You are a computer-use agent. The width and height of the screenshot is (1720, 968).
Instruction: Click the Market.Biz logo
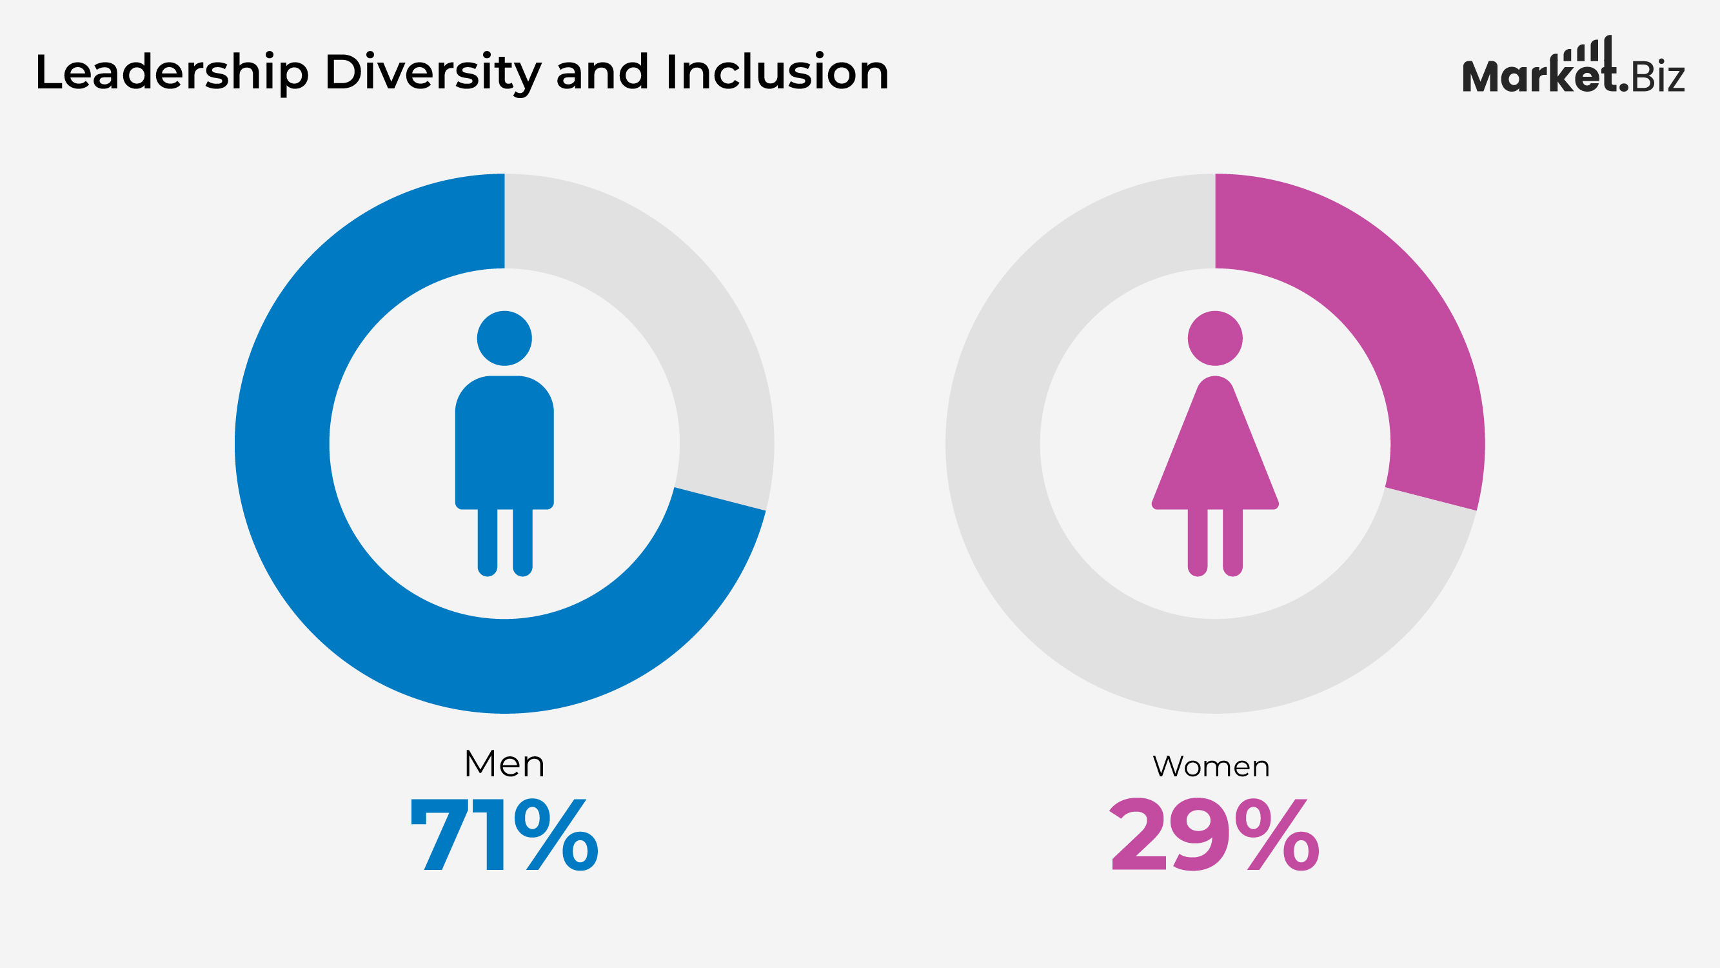[x=1572, y=76]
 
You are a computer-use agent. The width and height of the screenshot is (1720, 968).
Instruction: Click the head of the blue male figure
[x=504, y=338]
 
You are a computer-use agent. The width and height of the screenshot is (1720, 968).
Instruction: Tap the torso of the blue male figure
[x=504, y=441]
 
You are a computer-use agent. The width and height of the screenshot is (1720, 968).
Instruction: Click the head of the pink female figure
[x=1214, y=338]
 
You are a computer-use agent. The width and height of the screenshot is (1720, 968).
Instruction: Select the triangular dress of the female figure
[x=1214, y=461]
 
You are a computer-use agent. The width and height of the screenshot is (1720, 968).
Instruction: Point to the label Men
[x=504, y=763]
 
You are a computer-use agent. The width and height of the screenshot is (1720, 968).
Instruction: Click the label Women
[x=1211, y=766]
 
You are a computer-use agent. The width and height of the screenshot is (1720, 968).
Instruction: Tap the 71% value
[x=504, y=835]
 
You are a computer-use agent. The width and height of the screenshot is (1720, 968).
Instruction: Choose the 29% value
[x=1214, y=835]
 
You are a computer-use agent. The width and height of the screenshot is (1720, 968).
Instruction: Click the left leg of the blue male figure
[x=488, y=541]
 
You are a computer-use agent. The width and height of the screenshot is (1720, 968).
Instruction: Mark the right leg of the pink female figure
[x=1232, y=541]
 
